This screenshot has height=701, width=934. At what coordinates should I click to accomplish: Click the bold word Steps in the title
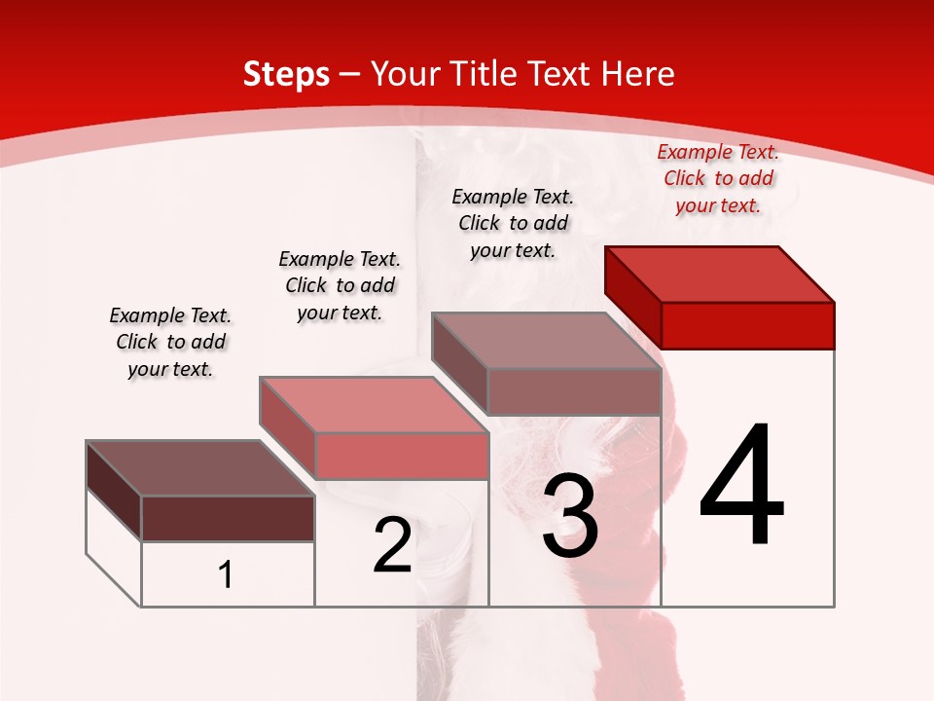point(286,74)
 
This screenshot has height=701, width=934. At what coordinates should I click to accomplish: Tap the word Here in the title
point(638,74)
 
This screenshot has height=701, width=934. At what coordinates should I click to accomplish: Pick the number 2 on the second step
point(392,545)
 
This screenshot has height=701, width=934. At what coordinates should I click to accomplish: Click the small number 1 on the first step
point(226,575)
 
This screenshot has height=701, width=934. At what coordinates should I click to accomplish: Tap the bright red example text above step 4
point(718,178)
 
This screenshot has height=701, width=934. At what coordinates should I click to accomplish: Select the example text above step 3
point(513,223)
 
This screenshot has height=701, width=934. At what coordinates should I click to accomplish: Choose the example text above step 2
point(340,285)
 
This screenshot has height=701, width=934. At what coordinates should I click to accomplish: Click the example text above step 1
point(170,342)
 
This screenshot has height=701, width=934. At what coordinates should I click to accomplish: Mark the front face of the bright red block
point(747,325)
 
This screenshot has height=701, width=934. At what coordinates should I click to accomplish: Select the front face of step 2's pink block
point(401,456)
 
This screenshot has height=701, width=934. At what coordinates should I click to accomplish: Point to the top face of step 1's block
point(200,468)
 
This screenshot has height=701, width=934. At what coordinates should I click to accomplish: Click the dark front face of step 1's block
point(228,518)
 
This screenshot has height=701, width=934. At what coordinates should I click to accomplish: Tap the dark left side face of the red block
point(632,292)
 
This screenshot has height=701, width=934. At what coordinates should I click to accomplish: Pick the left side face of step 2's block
point(287,423)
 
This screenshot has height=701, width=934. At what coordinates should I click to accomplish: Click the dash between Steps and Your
point(350,74)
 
